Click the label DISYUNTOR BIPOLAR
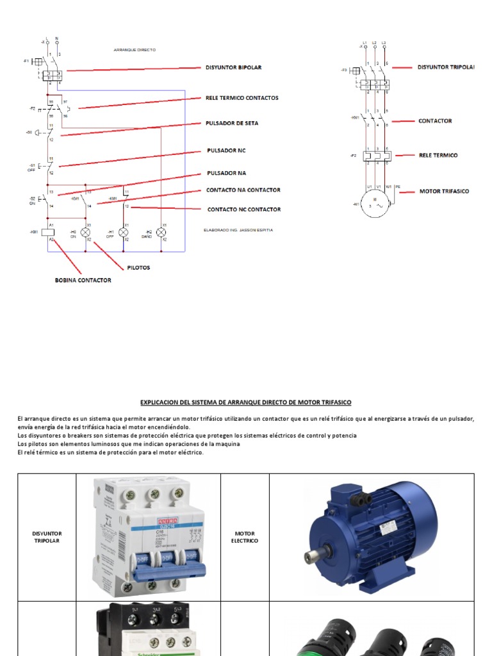coord(233,67)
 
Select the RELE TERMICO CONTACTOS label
coord(242,98)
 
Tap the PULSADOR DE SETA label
coord(232,122)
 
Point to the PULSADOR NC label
coord(226,150)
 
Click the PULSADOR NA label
coord(226,173)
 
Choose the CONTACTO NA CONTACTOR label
coord(243,190)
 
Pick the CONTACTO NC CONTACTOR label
coord(243,209)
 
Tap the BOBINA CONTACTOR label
coord(83,280)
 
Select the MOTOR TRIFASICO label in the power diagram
coord(444,191)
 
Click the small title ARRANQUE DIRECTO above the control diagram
coord(135,49)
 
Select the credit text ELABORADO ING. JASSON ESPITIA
coord(229,230)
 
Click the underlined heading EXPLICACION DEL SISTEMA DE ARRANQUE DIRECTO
coord(246,402)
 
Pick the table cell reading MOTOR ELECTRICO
coord(245,537)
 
